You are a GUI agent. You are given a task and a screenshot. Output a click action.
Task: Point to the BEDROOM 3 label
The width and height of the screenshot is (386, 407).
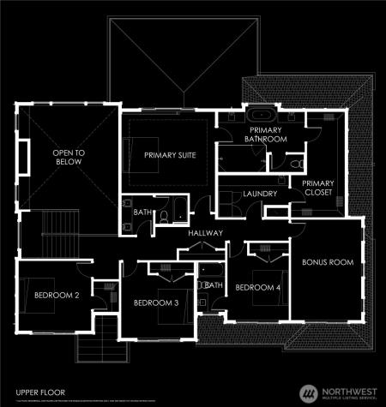point(155,302)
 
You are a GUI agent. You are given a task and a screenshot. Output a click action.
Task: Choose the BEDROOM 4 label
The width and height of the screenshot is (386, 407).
point(257,287)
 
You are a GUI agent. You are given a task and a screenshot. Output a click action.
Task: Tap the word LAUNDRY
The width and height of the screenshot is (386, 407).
point(260,195)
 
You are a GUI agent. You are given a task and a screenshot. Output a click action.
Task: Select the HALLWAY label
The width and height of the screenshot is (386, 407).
point(205,233)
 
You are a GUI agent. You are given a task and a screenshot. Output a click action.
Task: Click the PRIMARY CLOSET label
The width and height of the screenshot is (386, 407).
point(318,188)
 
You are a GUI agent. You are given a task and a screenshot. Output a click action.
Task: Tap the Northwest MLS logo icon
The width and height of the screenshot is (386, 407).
point(307,392)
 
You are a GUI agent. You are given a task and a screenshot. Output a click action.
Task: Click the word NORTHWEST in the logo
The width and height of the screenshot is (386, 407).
point(347,388)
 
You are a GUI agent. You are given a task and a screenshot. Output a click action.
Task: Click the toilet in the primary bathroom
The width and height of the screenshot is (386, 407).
point(294,162)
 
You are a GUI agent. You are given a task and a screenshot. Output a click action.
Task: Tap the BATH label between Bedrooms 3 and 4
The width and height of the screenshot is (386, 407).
point(214,284)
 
